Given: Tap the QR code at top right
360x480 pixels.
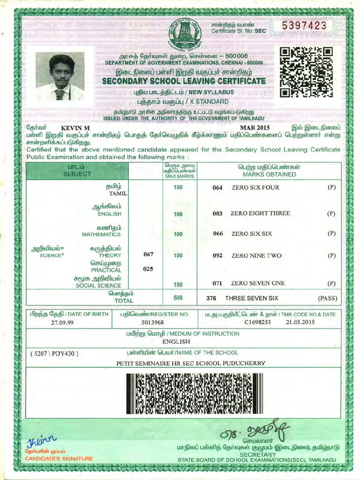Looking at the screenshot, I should [306, 72].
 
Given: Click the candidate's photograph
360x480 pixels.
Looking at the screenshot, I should [60, 77].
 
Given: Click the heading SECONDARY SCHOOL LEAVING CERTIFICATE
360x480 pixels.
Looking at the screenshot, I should [184, 81].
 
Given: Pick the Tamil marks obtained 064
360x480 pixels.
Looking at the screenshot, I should [217, 187].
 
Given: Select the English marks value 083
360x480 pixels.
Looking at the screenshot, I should [217, 213].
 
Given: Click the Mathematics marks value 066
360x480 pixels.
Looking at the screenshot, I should [217, 233].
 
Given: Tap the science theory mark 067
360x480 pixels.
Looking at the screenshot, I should [149, 255].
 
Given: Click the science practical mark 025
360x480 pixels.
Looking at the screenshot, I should [149, 269].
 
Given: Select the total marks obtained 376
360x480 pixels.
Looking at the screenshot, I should [211, 298].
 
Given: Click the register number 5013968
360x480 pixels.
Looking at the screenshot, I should [152, 322].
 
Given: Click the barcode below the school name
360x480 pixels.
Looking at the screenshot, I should [195, 393].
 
